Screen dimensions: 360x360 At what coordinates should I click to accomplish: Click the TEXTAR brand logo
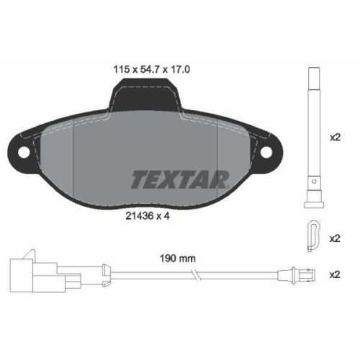pyautogui.click(x=179, y=178)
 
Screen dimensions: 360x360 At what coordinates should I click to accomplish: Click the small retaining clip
pyautogui.click(x=312, y=235)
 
